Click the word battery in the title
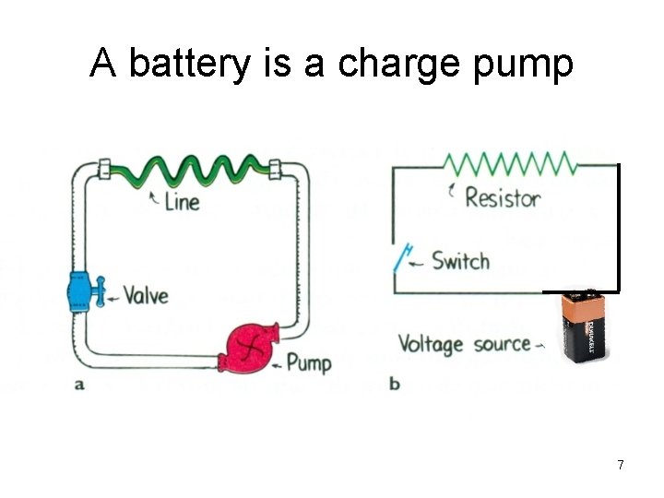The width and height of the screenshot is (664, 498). tap(188, 65)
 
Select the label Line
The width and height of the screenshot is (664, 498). tap(182, 200)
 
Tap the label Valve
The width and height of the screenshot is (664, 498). tap(146, 295)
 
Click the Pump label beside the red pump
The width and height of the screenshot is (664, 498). tap(308, 362)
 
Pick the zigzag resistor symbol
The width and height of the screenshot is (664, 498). tap(509, 165)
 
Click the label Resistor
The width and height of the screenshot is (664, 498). tap(503, 197)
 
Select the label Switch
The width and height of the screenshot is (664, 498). tap(460, 261)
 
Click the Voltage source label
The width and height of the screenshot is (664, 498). tap(464, 345)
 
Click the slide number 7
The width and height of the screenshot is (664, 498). tap(621, 465)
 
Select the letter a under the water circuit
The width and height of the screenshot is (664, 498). tap(79, 385)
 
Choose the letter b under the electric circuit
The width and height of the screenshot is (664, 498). tap(395, 384)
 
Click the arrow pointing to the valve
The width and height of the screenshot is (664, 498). tap(112, 297)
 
